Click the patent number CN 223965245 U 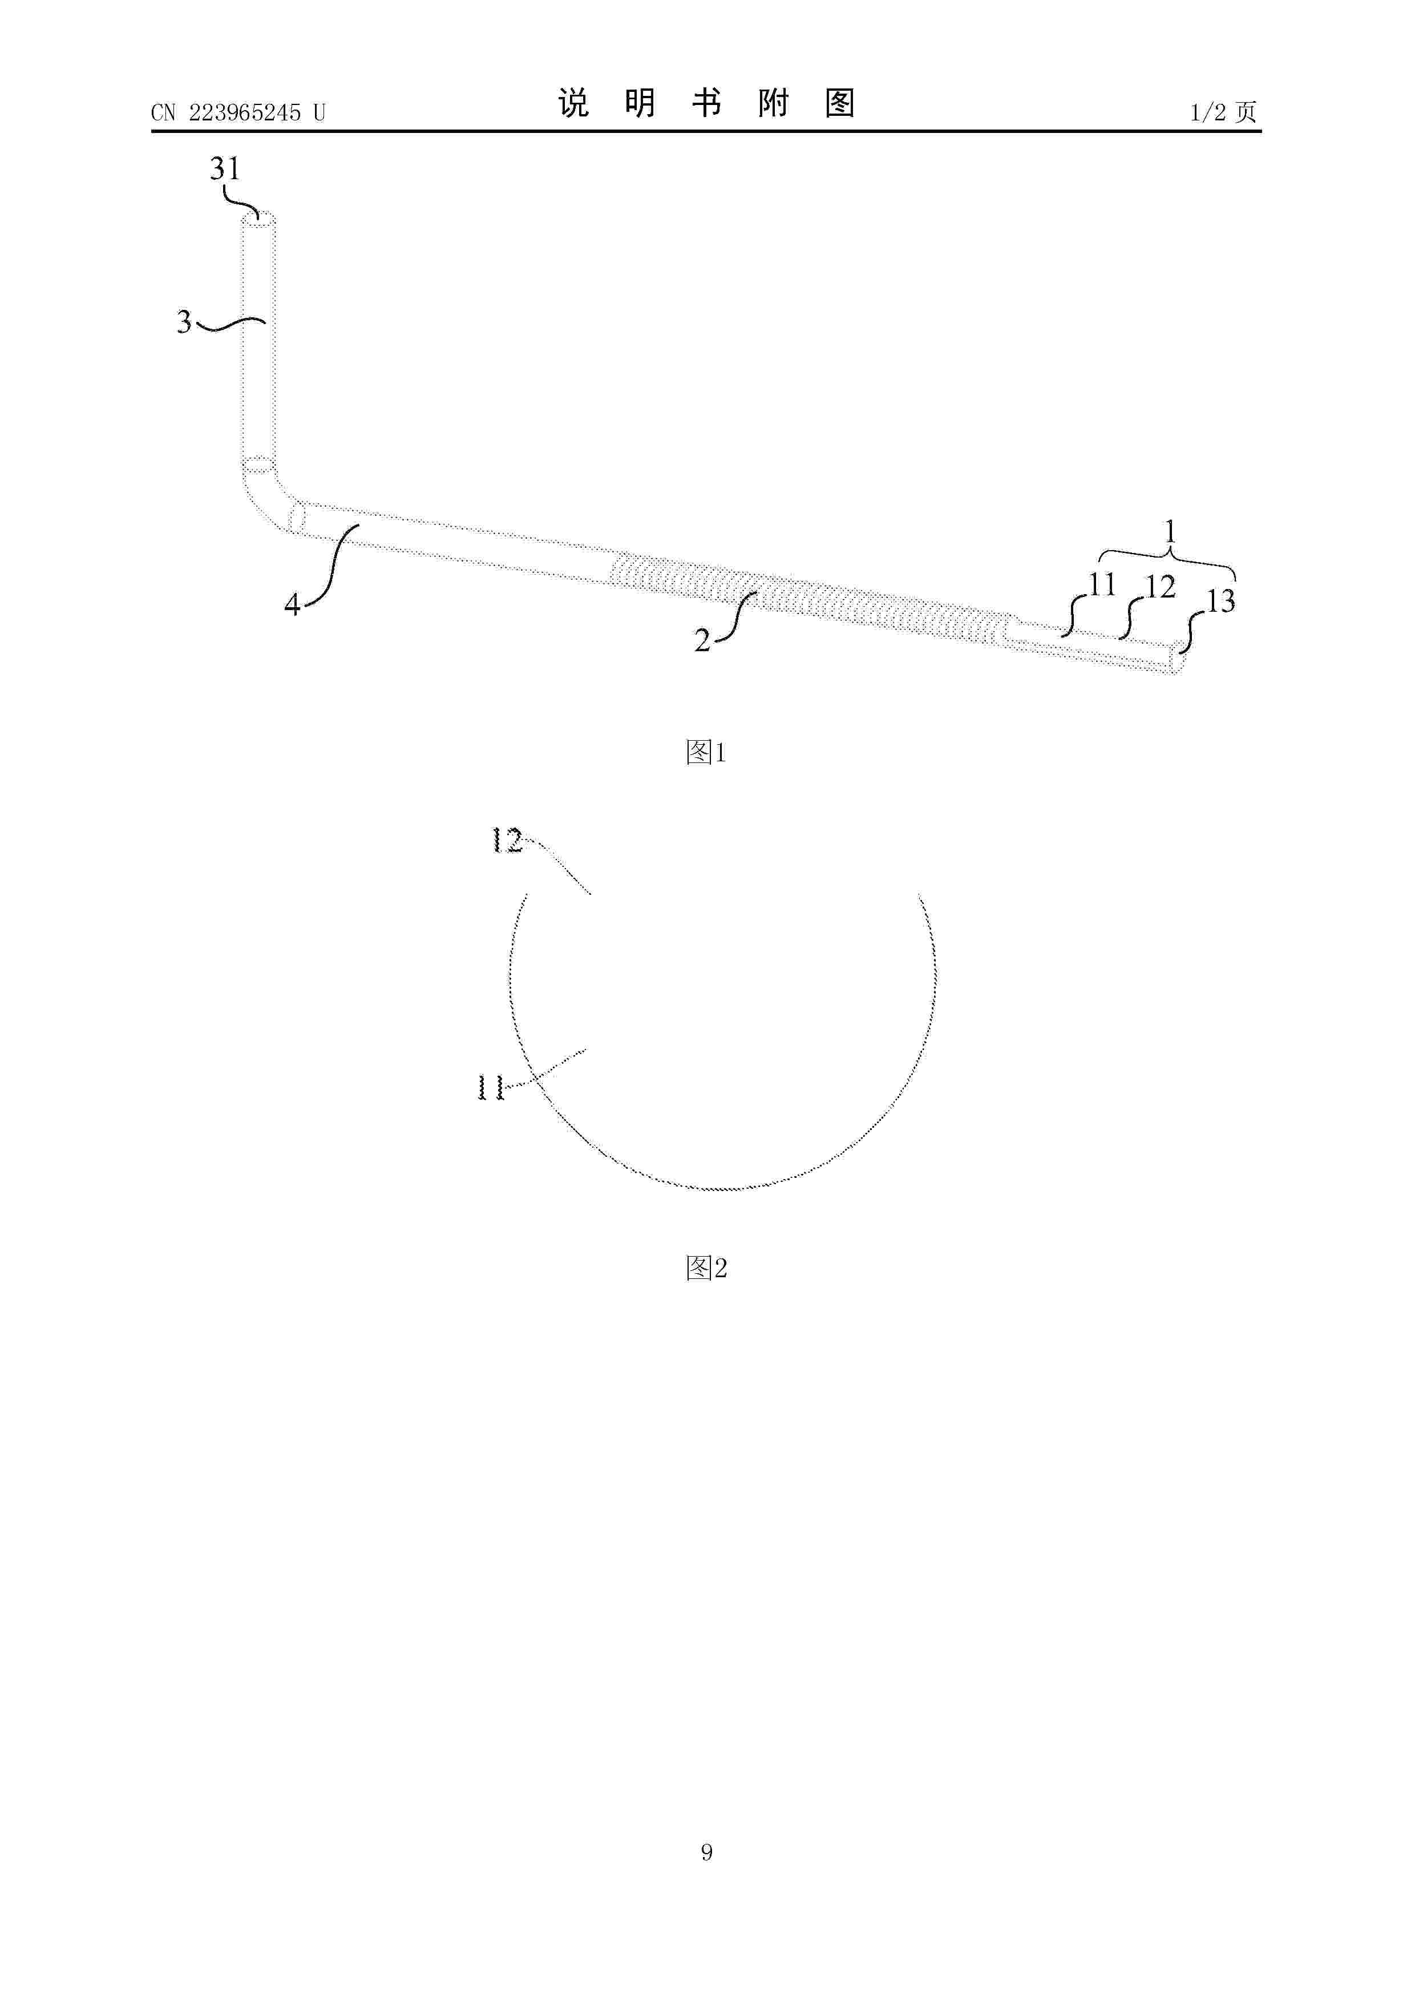point(238,112)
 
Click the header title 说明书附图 point(706,104)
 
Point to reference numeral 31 point(224,168)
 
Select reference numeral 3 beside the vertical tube point(184,322)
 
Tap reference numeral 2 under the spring point(702,641)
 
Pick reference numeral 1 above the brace point(1170,531)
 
